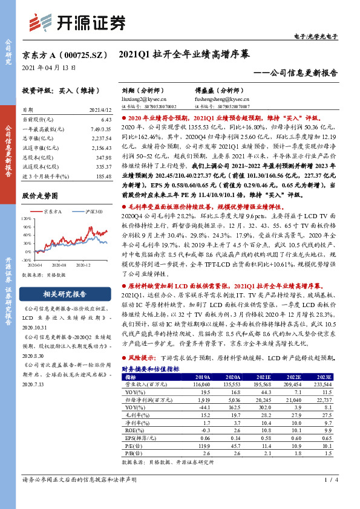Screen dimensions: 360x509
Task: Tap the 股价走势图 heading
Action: coord(40,196)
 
